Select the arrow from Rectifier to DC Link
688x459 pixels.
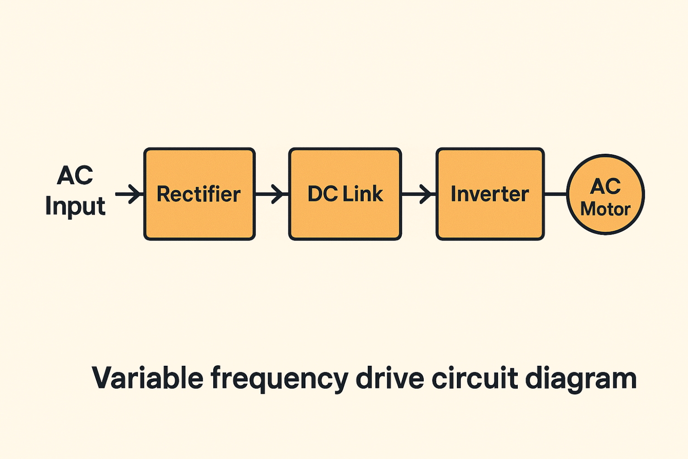tap(272, 194)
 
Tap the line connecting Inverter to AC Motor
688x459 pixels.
tap(555, 194)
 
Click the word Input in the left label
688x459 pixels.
tap(75, 206)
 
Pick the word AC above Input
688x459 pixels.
tap(75, 175)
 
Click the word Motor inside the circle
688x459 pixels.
tap(605, 209)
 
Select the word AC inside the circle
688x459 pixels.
tap(605, 186)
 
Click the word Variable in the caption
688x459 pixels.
tap(147, 378)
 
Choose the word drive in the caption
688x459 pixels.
tap(390, 378)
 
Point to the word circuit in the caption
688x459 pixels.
tap(475, 378)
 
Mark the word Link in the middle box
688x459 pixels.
tap(363, 194)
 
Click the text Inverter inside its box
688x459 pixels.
tap(490, 194)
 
